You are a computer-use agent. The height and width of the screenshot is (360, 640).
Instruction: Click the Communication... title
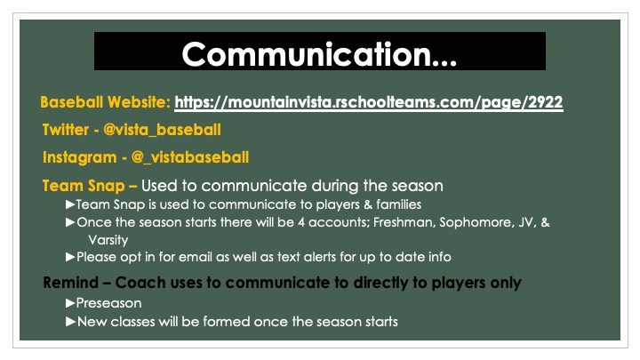(319, 52)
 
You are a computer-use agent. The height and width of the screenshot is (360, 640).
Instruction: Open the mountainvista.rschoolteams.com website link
(368, 102)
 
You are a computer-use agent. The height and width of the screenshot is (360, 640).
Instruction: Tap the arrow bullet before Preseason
(70, 302)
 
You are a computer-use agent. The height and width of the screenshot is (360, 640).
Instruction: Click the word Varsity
(108, 239)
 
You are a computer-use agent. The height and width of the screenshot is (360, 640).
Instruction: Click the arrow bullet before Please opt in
(70, 257)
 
